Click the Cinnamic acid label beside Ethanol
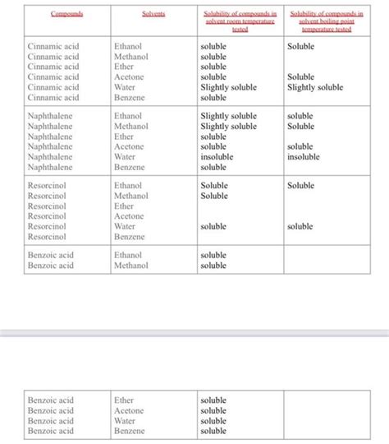[53, 47]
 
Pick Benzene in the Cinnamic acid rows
[129, 98]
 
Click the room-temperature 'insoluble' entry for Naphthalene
[217, 157]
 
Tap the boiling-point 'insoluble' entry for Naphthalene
[304, 157]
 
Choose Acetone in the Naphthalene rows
[129, 147]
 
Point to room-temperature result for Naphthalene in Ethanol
[228, 117]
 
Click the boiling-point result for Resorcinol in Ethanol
[300, 186]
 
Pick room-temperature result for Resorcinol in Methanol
[214, 196]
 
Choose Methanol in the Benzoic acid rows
[130, 266]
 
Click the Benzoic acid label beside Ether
[51, 400]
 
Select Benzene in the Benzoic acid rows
[129, 431]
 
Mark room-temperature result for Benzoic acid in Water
[213, 421]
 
